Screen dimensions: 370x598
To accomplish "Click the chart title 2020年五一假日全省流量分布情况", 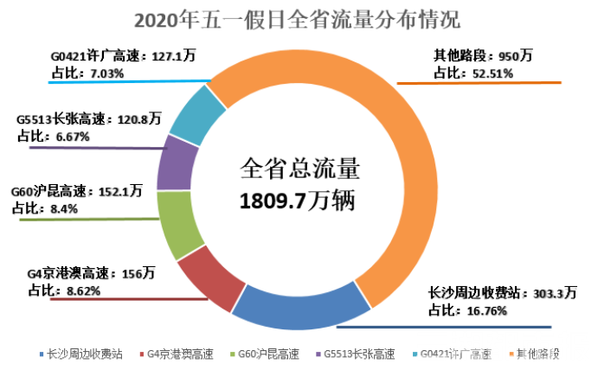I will tap(299, 17).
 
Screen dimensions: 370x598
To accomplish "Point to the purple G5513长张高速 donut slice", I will tap(176, 162).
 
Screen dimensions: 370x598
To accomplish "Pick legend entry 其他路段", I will tap(537, 354).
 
